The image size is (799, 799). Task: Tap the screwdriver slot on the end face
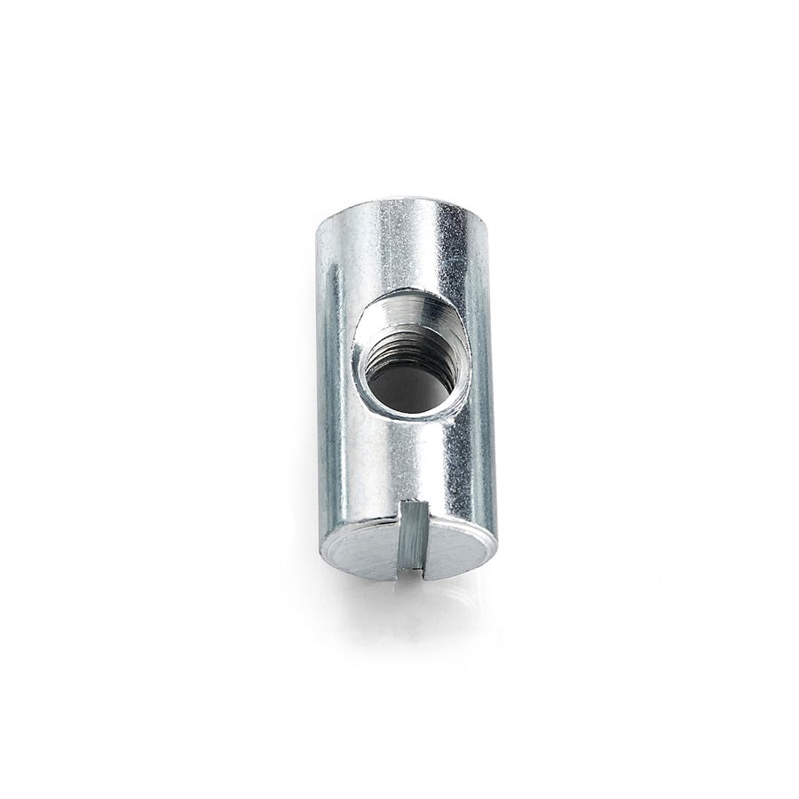click(412, 537)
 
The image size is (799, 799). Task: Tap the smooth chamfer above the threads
click(408, 312)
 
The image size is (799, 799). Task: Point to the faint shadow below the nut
click(417, 613)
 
